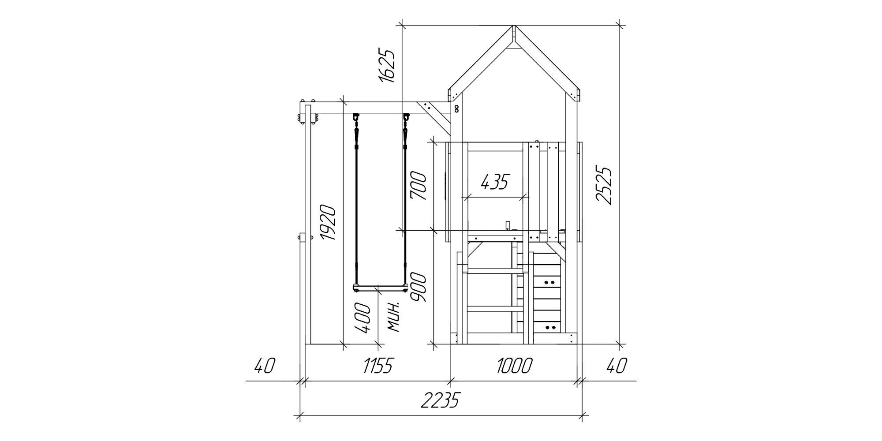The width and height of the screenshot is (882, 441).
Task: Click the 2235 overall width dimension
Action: [440, 400]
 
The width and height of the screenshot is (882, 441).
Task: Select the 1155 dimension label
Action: [377, 366]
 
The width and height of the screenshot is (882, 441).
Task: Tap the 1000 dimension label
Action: [515, 366]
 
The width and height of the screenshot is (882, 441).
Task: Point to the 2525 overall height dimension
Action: [603, 185]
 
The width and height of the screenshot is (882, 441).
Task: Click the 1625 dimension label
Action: [386, 66]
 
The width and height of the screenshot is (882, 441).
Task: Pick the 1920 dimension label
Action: [329, 222]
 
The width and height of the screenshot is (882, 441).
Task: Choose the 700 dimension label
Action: [419, 186]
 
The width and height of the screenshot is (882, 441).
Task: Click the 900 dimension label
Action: [419, 288]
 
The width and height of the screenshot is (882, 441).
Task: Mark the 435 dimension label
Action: [495, 181]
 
